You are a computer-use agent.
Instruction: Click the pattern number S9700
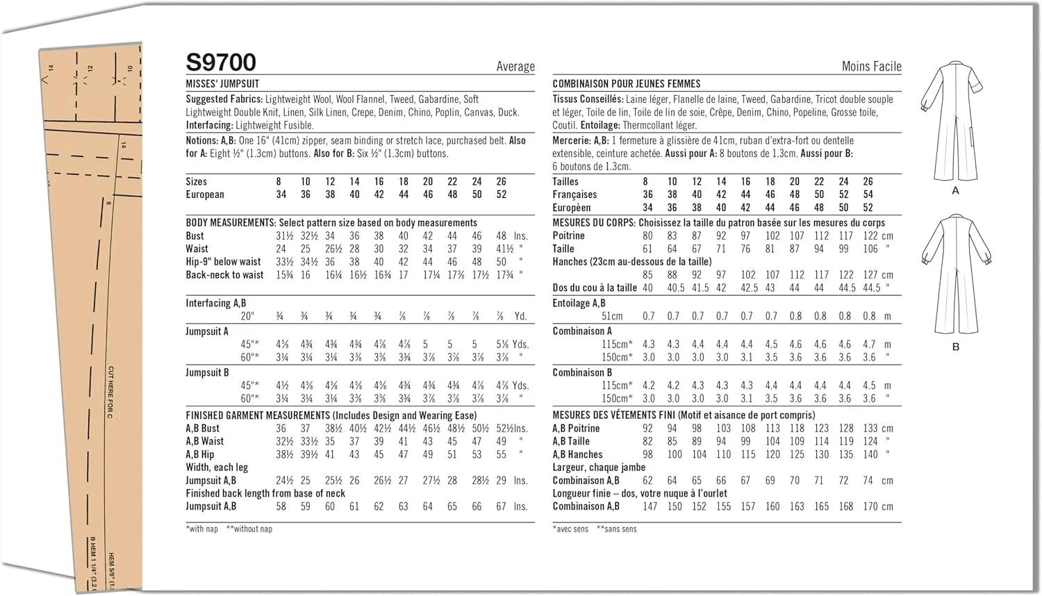pos(221,63)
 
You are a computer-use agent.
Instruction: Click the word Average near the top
pos(515,67)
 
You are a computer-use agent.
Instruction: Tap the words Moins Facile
pos(871,67)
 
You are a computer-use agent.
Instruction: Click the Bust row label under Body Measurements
pos(195,236)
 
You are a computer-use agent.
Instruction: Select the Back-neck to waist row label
pos(224,275)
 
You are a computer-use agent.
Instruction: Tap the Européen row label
pos(572,208)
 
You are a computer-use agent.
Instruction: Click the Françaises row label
pos(574,194)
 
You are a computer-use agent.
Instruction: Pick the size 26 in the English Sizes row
pos(501,181)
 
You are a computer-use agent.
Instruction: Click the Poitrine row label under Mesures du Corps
pos(568,236)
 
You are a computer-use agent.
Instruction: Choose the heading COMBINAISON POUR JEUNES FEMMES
pos(626,83)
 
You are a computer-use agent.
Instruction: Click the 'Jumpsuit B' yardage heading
pos(207,373)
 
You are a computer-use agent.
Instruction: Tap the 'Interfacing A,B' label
pos(215,304)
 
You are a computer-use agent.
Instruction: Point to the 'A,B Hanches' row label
pos(577,455)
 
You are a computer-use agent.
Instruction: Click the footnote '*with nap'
pos(202,529)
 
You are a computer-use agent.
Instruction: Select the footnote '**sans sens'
pos(617,529)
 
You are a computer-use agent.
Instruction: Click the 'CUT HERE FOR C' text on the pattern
pos(110,392)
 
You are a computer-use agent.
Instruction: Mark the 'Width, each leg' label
pos(217,467)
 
